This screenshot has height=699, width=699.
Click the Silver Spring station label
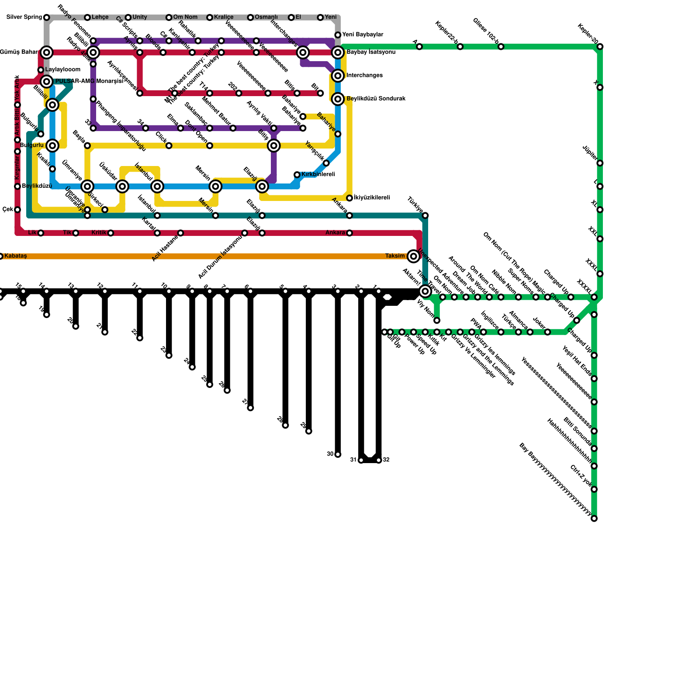(x=24, y=17)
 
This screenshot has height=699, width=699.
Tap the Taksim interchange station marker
(x=414, y=256)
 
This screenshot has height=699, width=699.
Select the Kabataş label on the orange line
(x=16, y=256)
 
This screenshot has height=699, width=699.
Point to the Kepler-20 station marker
(x=600, y=47)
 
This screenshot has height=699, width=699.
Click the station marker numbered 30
(x=338, y=455)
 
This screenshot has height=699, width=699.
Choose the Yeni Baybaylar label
(x=363, y=35)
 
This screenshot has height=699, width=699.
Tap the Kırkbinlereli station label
(x=318, y=175)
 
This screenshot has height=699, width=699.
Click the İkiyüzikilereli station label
(x=371, y=198)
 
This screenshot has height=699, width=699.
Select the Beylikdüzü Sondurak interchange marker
(x=338, y=99)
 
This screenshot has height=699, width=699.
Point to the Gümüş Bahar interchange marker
(x=47, y=52)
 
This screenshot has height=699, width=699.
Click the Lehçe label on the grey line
(x=100, y=17)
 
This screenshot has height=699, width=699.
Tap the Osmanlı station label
(x=266, y=17)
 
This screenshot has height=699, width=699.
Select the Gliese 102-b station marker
(x=501, y=47)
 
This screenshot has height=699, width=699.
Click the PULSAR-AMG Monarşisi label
(x=89, y=81)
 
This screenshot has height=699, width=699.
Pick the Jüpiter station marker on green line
(x=600, y=163)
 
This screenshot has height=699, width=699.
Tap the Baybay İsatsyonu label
(x=371, y=52)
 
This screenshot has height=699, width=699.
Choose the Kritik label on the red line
(x=100, y=233)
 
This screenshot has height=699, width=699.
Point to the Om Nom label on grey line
(x=185, y=17)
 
